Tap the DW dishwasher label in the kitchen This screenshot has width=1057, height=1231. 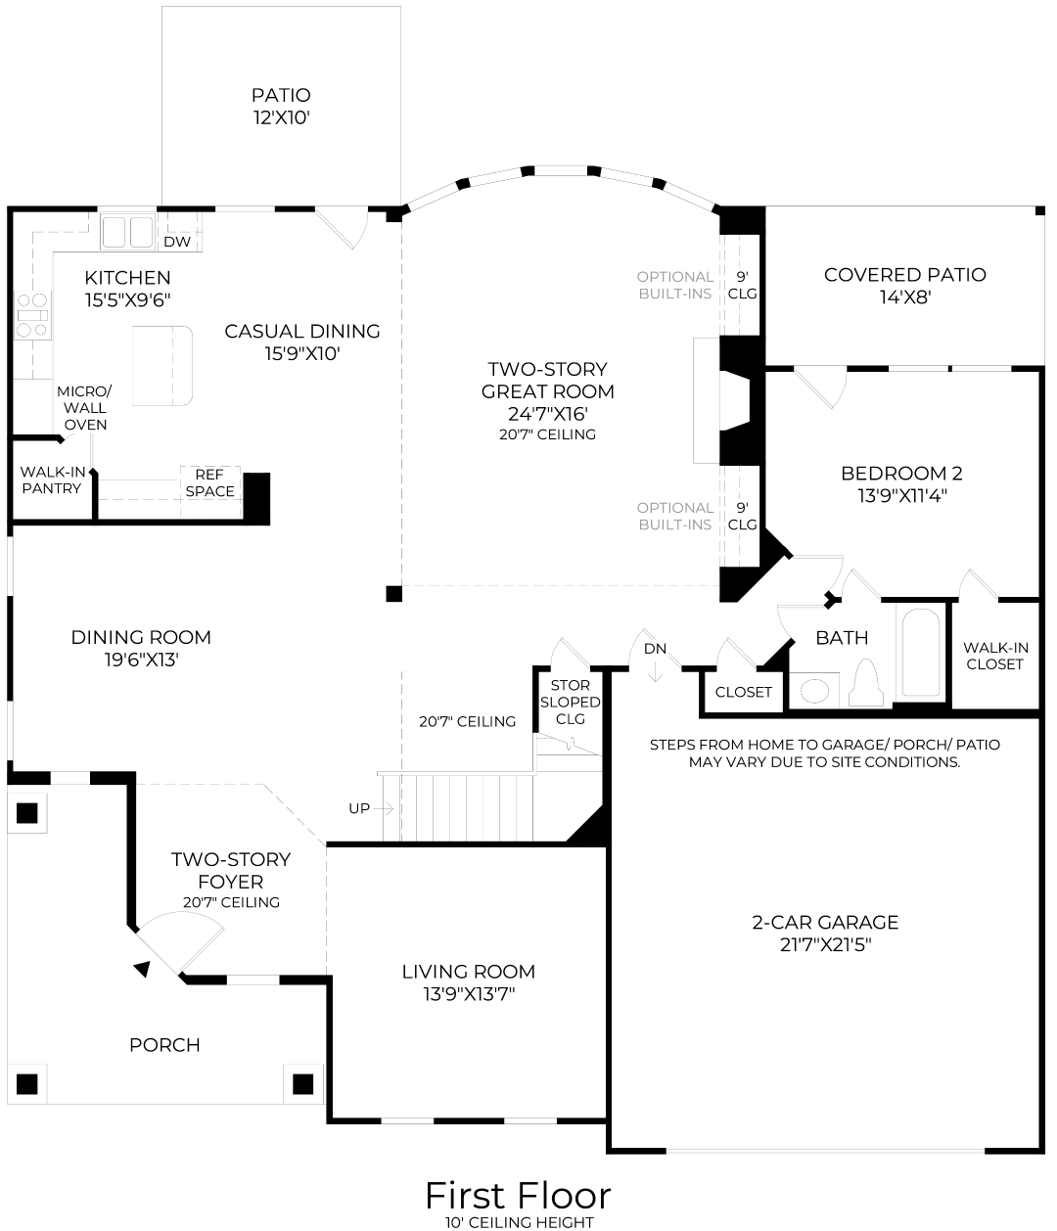tap(177, 242)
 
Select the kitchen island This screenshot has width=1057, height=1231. tap(162, 365)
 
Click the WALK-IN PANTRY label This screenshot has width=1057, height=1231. tap(52, 479)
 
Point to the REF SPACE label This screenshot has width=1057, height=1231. tap(210, 483)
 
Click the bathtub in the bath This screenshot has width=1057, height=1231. tap(920, 652)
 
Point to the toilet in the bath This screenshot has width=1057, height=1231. tap(866, 681)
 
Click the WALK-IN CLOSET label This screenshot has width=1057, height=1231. tap(994, 656)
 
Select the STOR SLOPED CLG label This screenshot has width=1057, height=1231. tap(570, 702)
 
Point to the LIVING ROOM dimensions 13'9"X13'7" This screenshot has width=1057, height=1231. tap(468, 995)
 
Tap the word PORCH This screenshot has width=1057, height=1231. tap(164, 1045)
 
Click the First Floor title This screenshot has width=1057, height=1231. tap(518, 1196)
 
